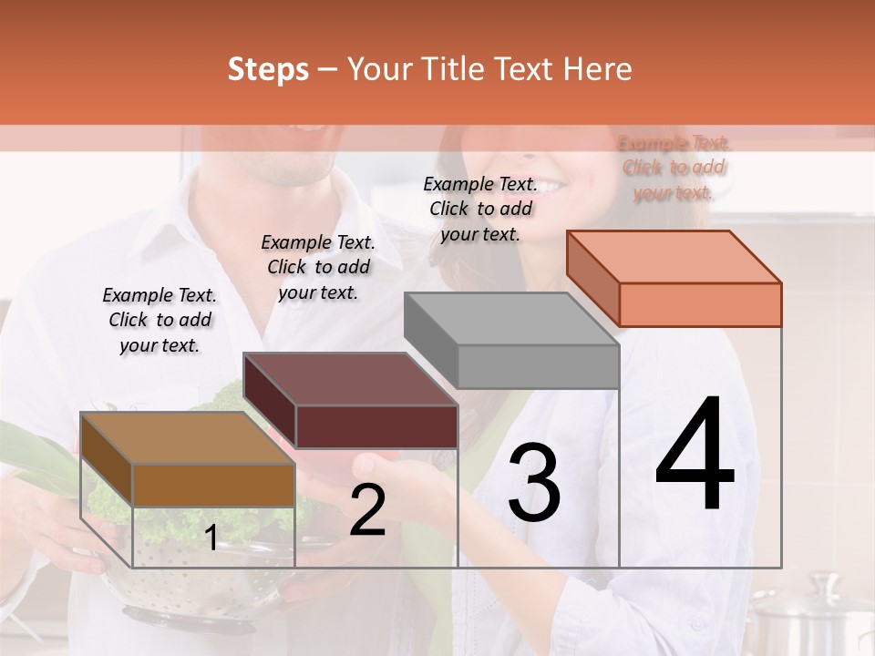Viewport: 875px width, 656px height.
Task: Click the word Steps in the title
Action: click(268, 69)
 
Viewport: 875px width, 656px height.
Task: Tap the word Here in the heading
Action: click(597, 69)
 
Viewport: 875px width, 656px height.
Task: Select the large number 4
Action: click(695, 456)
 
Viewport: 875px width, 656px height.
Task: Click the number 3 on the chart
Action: click(534, 485)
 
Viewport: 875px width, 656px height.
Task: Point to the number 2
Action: click(367, 510)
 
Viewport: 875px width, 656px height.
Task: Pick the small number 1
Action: click(211, 538)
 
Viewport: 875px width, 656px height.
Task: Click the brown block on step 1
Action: click(188, 460)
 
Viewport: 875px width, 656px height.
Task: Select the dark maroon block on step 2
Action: click(351, 401)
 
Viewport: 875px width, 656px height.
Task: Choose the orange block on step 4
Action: click(674, 279)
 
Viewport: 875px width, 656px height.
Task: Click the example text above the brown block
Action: click(160, 320)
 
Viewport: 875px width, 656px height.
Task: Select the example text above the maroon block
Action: click(318, 267)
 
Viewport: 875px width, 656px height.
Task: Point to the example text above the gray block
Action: click(480, 209)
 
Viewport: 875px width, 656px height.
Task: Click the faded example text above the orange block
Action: click(674, 168)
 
